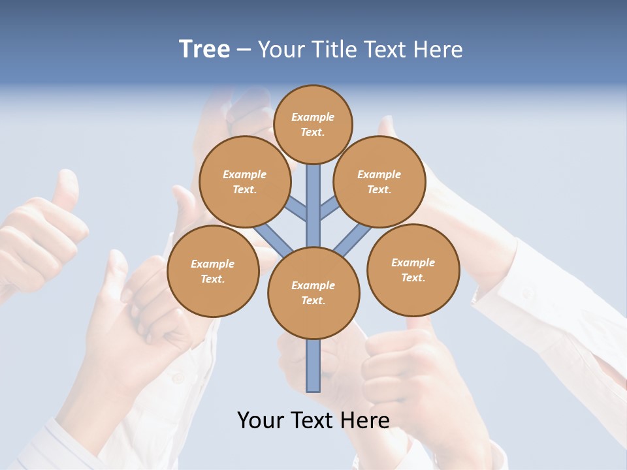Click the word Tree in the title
[x=204, y=50]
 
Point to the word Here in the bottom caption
[x=366, y=420]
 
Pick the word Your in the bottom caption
[x=261, y=420]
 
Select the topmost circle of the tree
[x=313, y=124]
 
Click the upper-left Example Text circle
[x=244, y=181]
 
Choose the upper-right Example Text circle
[x=379, y=181]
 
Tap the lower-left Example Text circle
[x=213, y=271]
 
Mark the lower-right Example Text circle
[x=413, y=270]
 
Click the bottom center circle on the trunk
[x=313, y=292]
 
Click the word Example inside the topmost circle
[x=313, y=117]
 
